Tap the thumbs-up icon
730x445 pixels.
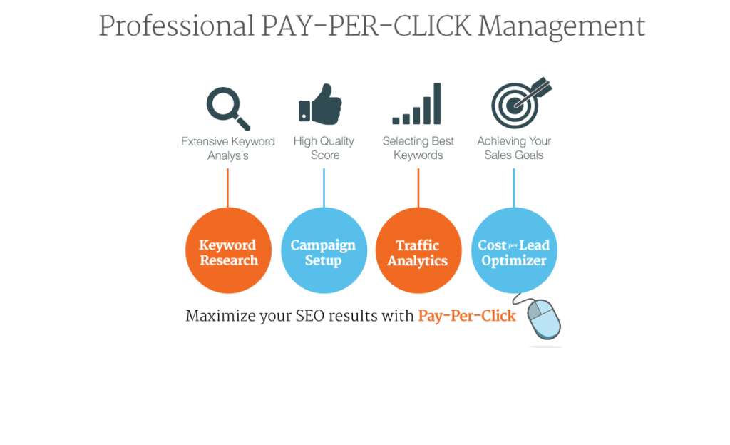tap(320, 104)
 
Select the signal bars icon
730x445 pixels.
tap(416, 103)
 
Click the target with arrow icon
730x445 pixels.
tap(520, 103)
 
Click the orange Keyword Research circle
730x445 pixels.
tap(228, 250)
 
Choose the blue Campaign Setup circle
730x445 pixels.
tap(324, 250)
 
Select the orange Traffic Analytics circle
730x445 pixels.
tap(418, 250)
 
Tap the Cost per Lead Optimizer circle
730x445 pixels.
tap(514, 250)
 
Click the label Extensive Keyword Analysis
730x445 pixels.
tap(228, 148)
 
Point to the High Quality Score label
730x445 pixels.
tap(324, 148)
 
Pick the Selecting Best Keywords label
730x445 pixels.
tap(418, 148)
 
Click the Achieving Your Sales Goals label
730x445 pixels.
tap(514, 148)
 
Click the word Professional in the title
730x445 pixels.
tap(177, 26)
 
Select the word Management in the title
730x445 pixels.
tap(562, 27)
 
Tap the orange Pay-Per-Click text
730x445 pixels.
tap(467, 316)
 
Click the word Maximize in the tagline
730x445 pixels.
tap(220, 316)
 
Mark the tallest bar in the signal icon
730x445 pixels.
tap(437, 103)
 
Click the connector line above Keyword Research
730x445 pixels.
tap(227, 188)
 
